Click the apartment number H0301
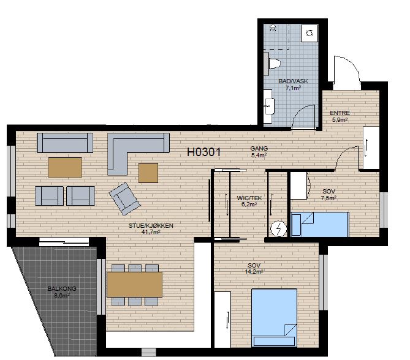(204, 152)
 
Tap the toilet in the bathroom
(273, 64)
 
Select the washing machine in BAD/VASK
(309, 33)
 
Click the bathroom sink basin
(269, 107)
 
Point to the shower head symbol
(273, 27)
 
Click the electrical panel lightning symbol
(278, 229)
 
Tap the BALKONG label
(62, 289)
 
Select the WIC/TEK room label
(249, 198)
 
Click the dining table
(135, 285)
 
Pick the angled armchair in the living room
(124, 198)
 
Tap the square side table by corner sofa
(148, 173)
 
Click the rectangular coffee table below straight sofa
(65, 168)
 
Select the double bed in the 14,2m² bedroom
(274, 318)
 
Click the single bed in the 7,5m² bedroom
(320, 225)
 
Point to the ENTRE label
(340, 113)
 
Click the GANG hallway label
(259, 148)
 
